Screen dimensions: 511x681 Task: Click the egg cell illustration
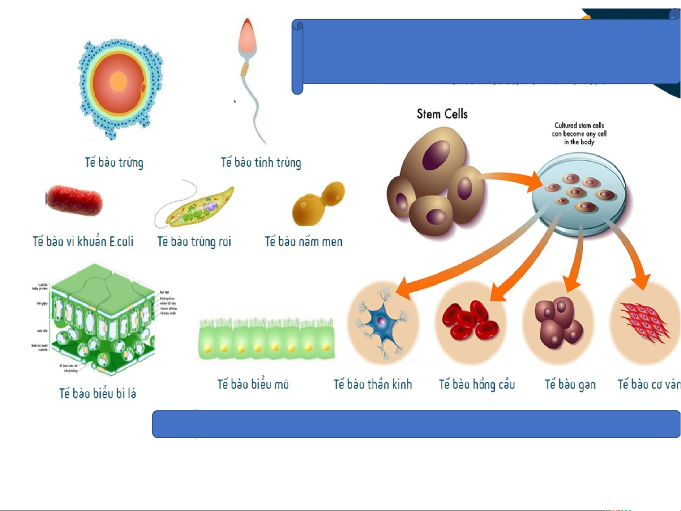pos(119,88)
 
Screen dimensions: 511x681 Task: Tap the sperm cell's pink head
pos(247,38)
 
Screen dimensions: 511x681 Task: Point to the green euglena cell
pos(198,208)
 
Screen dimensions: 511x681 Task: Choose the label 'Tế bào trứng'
pos(114,163)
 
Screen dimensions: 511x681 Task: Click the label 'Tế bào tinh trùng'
pos(260,163)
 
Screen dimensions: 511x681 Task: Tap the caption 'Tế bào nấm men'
pos(303,242)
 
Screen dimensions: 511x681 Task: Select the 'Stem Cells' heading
pos(442,114)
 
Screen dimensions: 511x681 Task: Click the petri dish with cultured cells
pos(578,194)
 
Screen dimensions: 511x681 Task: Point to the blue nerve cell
pos(382,322)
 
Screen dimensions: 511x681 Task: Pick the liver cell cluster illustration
pos(558,322)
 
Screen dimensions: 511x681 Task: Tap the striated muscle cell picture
pos(645,323)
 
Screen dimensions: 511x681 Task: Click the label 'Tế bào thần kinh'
pos(373,384)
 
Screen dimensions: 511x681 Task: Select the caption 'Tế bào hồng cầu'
pos(477,384)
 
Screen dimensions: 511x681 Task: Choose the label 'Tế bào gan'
pos(570,385)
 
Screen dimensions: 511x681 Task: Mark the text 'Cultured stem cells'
pos(579,125)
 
